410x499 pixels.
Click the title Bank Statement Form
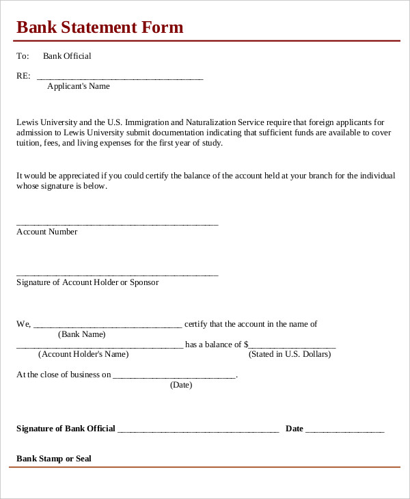coord(100,27)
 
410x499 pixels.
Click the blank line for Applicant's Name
coord(120,79)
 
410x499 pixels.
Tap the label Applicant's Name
coord(78,86)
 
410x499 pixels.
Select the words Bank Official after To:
coord(67,56)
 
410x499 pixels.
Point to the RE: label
coord(23,76)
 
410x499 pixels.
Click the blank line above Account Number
coord(117,224)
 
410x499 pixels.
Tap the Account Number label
coord(46,232)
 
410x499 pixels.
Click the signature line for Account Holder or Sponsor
coord(117,275)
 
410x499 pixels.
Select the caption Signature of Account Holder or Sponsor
coord(87,282)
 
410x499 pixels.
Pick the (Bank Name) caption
coord(82,334)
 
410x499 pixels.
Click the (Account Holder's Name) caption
coord(83,354)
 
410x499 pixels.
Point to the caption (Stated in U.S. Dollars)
coord(290,354)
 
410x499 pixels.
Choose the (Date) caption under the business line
coord(181,385)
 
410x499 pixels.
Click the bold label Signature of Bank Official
coord(66,429)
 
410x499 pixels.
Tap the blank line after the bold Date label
coord(344,431)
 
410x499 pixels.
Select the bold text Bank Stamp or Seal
coord(54,459)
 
